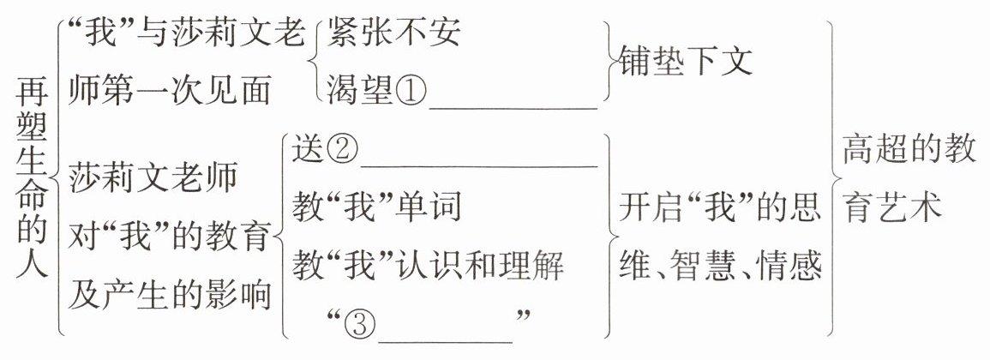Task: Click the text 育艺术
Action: coord(891,208)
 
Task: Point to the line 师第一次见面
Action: coord(171,89)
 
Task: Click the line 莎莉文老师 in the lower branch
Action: coord(154,178)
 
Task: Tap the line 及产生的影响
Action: coord(171,295)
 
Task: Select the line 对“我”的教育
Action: coord(171,237)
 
